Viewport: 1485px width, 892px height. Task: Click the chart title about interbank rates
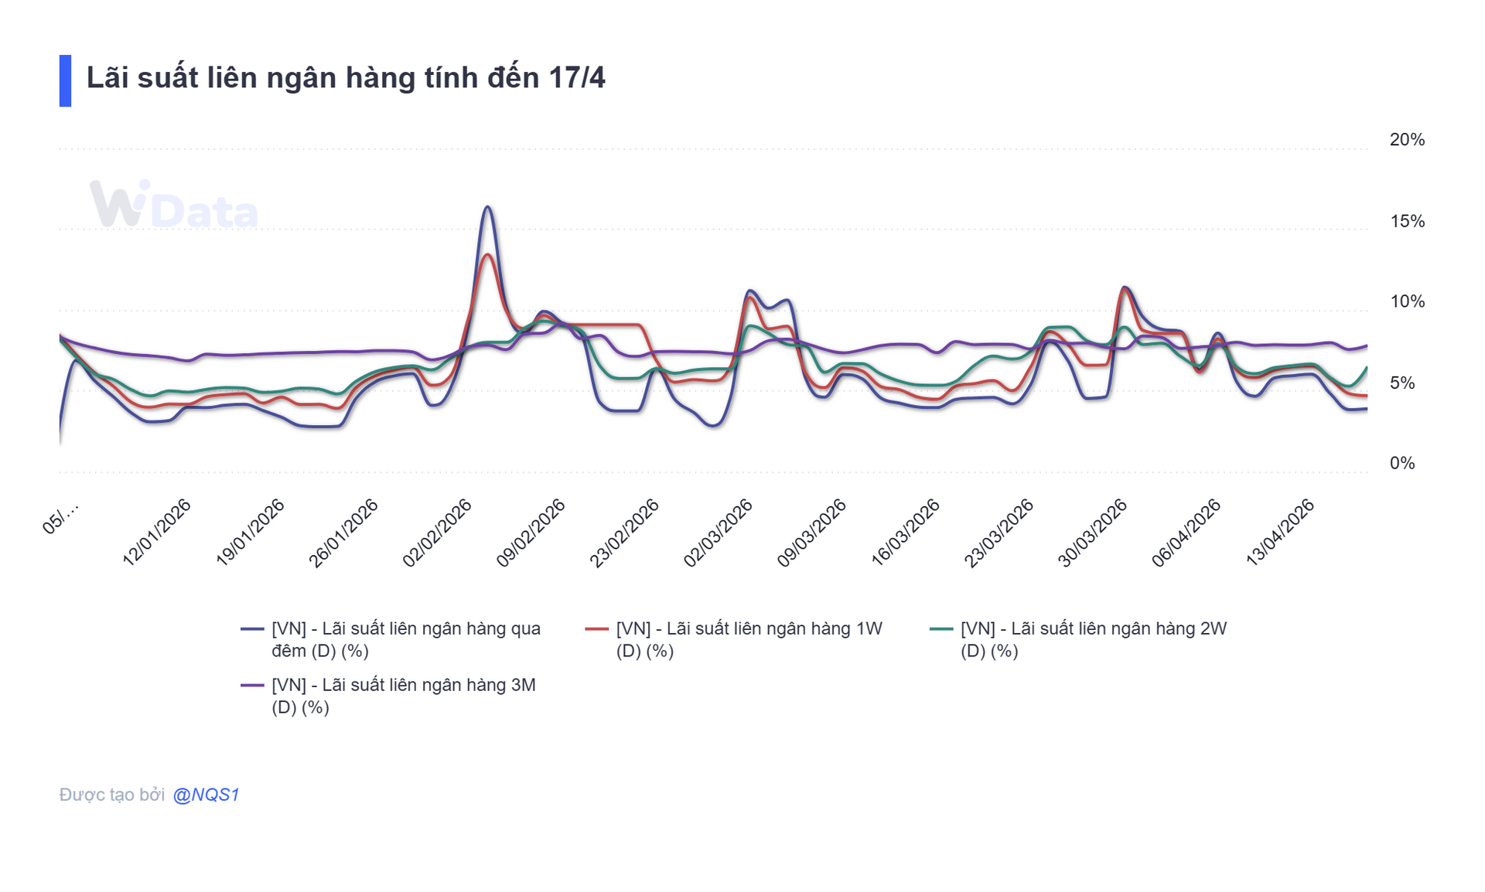click(345, 78)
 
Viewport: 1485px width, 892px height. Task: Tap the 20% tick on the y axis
click(1406, 140)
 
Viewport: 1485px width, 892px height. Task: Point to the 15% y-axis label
click(1406, 221)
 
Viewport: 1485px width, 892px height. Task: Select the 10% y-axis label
click(1406, 301)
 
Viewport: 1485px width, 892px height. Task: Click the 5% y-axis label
click(1401, 383)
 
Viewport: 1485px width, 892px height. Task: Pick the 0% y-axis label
click(1401, 463)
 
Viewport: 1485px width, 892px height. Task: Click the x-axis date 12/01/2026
click(157, 533)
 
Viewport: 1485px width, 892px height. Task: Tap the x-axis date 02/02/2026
click(437, 533)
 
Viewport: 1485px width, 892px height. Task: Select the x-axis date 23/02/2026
click(624, 533)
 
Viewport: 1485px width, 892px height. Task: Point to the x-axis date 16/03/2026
click(905, 533)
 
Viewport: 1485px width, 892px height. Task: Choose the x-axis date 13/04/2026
click(1279, 533)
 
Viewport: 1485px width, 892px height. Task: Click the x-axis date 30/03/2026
click(1092, 533)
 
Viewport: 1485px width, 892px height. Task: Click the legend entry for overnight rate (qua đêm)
click(405, 639)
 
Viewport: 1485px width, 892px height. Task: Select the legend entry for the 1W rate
click(749, 639)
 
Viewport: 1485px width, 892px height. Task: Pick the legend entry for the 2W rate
click(1093, 639)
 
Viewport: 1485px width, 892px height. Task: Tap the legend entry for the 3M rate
click(403, 696)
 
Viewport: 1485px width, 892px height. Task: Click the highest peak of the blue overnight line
click(488, 207)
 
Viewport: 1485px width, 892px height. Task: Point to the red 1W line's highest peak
click(487, 255)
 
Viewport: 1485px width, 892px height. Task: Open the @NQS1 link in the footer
click(206, 795)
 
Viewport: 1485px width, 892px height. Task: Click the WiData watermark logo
click(173, 206)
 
